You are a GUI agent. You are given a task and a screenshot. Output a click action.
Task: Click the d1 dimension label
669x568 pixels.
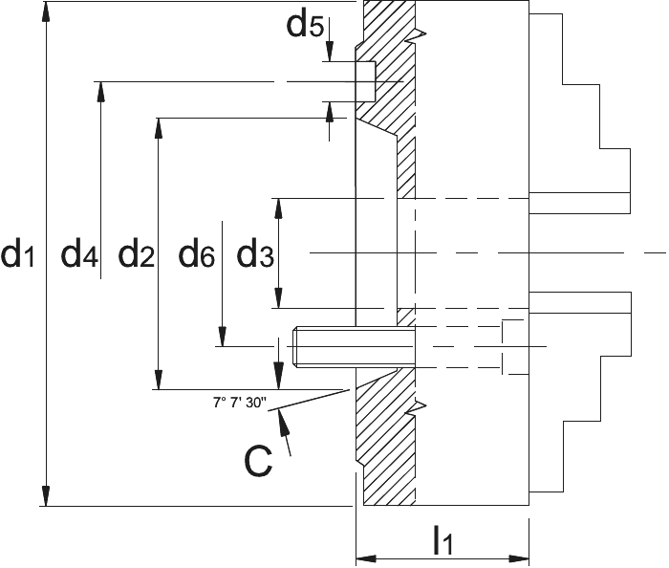point(18,255)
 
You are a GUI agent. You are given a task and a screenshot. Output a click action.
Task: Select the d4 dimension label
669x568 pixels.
point(79,255)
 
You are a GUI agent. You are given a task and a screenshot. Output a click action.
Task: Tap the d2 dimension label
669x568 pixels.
point(136,255)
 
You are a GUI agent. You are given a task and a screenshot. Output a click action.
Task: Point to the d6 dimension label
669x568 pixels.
point(196,255)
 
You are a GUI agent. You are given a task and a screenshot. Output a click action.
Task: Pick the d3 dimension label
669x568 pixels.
point(255,255)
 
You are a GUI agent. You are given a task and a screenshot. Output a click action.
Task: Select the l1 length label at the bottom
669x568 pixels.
point(442,540)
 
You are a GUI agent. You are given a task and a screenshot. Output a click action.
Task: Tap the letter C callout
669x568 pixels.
point(258,462)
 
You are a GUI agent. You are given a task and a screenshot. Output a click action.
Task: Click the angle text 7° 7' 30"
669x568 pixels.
point(240,403)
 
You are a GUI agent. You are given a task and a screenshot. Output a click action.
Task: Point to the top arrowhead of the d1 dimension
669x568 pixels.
point(46,11)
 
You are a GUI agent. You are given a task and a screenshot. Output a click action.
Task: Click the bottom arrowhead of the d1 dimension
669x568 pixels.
point(46,496)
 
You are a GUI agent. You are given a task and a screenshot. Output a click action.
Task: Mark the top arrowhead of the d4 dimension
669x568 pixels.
point(100,92)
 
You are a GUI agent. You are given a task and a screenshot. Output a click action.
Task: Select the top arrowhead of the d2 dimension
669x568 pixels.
point(159,128)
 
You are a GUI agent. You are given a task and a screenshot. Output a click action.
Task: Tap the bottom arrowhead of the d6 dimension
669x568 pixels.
point(223,337)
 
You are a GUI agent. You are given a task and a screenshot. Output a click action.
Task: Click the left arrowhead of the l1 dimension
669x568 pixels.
point(366,558)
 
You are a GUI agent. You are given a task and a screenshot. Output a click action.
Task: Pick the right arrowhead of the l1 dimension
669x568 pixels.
point(519,558)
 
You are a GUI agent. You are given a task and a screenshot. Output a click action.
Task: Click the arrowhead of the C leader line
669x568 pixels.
point(282,419)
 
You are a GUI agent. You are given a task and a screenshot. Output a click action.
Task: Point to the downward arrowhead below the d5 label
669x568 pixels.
point(330,52)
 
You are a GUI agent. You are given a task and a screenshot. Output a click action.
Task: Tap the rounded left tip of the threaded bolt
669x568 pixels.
point(294,346)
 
